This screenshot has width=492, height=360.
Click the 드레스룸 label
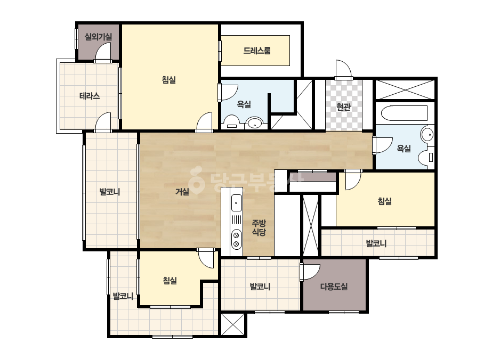point(257,51)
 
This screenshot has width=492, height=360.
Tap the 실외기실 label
point(98,37)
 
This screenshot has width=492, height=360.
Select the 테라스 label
point(90,96)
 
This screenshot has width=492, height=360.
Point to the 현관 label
point(343,107)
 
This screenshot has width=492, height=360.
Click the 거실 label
point(182,191)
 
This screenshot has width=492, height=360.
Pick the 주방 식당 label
point(259,228)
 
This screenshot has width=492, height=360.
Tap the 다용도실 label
point(334,287)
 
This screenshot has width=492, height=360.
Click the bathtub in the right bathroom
point(404,113)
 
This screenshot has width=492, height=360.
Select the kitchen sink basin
point(236,203)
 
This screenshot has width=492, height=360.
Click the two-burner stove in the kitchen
point(236,240)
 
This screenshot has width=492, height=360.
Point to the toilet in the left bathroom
point(231,122)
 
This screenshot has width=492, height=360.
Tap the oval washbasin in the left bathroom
point(254,123)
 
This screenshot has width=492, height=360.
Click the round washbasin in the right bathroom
point(427,135)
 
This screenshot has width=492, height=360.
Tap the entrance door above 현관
point(343,69)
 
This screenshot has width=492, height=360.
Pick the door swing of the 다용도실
point(310,272)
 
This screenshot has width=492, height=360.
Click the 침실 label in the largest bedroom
point(169,80)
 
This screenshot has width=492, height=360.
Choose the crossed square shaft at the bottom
point(233,324)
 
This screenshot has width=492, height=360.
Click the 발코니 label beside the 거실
point(110,192)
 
